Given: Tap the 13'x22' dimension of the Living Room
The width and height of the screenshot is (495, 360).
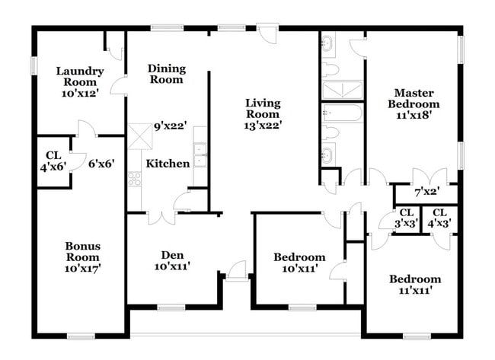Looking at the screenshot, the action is [263, 126].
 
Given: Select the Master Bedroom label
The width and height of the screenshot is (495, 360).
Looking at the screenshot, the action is [414, 98].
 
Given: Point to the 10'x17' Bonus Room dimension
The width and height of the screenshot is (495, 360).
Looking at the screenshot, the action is [82, 269].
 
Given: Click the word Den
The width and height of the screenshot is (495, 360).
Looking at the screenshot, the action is [172, 255].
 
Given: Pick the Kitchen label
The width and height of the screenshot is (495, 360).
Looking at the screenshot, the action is [168, 164].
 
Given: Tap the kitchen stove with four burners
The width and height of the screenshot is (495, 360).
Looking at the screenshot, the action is [134, 179].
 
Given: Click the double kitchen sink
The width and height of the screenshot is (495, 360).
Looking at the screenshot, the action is [200, 155].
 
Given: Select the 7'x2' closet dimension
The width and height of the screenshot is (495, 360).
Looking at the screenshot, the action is [427, 191].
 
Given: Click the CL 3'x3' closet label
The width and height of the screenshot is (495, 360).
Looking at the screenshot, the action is [407, 218].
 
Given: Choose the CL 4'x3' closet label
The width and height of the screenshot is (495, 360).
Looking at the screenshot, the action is [439, 218].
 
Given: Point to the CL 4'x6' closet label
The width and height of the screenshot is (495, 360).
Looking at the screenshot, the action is [53, 161].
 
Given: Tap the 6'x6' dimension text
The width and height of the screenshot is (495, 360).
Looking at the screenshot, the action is [101, 164].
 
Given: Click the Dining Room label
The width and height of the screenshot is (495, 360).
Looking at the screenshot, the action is [167, 74].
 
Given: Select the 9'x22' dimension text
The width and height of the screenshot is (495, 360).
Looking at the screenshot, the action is [171, 126].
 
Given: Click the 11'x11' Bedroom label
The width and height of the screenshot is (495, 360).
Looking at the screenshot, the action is [415, 285].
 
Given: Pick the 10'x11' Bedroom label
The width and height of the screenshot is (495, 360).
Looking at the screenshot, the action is [299, 263].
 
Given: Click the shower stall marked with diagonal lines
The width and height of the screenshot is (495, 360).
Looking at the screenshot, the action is [342, 90].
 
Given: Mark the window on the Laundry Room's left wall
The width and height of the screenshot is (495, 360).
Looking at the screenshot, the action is [34, 65].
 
